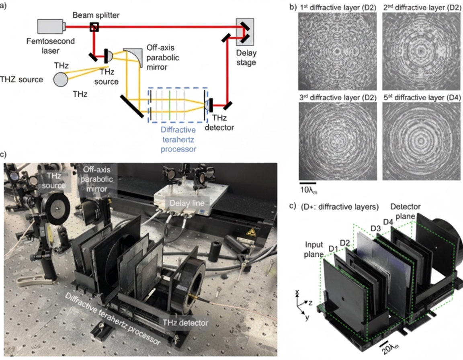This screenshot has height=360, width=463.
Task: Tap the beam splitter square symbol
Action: coord(94,27)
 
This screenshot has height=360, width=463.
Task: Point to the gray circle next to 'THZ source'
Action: coord(61,79)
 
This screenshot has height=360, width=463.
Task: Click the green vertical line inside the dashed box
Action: coord(170,104)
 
